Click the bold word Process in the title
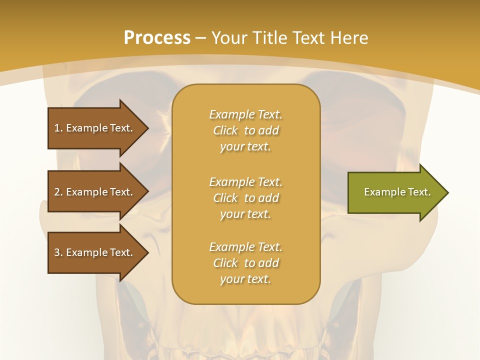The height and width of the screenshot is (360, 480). (x=157, y=38)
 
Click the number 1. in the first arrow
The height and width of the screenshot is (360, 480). (x=58, y=128)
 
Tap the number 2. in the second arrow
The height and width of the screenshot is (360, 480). (x=58, y=192)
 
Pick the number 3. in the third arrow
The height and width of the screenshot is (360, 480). (x=58, y=252)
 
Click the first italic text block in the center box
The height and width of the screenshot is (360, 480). (x=245, y=130)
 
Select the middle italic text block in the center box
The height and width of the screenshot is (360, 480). (x=245, y=198)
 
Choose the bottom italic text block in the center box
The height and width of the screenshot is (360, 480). (x=245, y=263)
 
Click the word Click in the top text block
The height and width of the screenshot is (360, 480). (x=225, y=130)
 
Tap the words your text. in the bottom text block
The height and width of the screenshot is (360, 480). (x=245, y=279)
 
